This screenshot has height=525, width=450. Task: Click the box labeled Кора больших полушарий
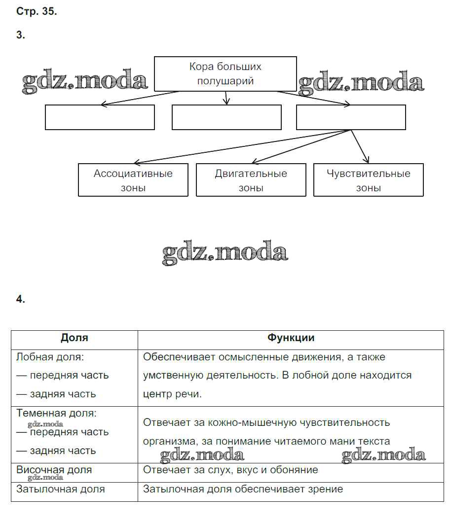tap(225, 74)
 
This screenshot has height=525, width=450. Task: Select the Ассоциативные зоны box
tap(133, 180)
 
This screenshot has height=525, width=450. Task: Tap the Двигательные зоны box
tap(251, 180)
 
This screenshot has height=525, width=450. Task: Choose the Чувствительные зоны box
tap(369, 180)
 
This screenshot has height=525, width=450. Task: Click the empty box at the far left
tap(100, 117)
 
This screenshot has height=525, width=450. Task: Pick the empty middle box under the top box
tap(226, 117)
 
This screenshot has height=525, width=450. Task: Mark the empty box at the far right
tap(351, 117)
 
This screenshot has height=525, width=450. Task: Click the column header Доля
tap(75, 338)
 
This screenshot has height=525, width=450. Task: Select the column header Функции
tap(291, 338)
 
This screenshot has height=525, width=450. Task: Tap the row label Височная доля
tap(54, 469)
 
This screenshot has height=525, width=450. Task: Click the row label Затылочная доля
tap(60, 489)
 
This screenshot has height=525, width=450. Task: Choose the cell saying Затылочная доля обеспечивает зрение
tap(243, 489)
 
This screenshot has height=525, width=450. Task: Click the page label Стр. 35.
tap(37, 12)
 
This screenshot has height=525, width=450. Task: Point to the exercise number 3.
tap(20, 35)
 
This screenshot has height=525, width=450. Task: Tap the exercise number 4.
tap(20, 299)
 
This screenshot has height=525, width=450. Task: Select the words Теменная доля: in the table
tap(56, 413)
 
